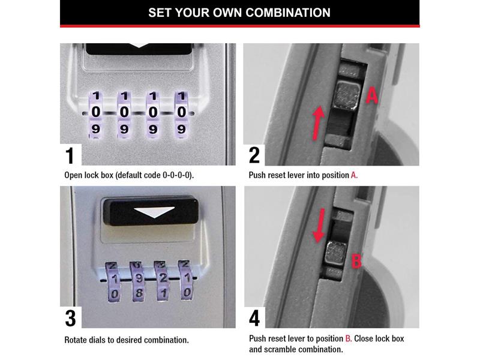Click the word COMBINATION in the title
pyautogui.click(x=288, y=13)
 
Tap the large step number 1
pyautogui.click(x=70, y=155)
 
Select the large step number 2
pyautogui.click(x=254, y=155)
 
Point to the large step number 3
pyautogui.click(x=70, y=319)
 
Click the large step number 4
pyautogui.click(x=254, y=319)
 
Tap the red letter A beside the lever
pyautogui.click(x=372, y=95)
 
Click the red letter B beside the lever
pyautogui.click(x=356, y=261)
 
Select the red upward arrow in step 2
pyautogui.click(x=318, y=123)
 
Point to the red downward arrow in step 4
pyautogui.click(x=319, y=226)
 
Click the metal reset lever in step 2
pyautogui.click(x=347, y=95)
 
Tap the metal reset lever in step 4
pyautogui.click(x=335, y=253)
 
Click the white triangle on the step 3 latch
pyautogui.click(x=154, y=212)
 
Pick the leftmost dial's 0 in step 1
pyautogui.click(x=96, y=112)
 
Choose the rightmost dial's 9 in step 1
pyautogui.click(x=182, y=129)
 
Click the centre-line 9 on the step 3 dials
pyautogui.click(x=139, y=278)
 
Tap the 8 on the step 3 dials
pyautogui.click(x=139, y=293)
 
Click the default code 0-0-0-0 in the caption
pyautogui.click(x=177, y=175)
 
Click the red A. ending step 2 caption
pyautogui.click(x=354, y=175)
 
